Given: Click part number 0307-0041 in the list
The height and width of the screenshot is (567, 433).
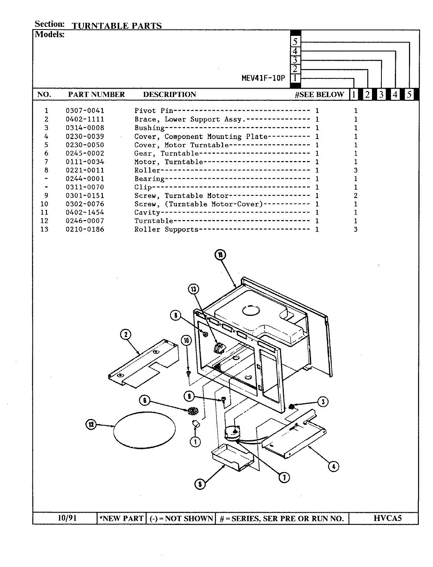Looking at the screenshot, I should [85, 111].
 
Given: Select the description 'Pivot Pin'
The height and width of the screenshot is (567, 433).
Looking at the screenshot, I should [151, 111].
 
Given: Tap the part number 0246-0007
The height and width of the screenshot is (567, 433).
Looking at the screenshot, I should [85, 221].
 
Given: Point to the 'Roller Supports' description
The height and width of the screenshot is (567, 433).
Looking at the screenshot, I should [166, 230].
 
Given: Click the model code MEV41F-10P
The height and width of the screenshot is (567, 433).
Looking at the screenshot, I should [263, 78].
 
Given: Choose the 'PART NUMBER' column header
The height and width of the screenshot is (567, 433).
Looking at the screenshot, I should [96, 94].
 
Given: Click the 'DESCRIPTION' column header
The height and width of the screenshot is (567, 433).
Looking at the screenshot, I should [169, 94].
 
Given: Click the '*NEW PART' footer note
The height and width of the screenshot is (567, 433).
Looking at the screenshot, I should [122, 518].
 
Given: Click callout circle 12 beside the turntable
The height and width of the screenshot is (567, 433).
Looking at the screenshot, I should [91, 424].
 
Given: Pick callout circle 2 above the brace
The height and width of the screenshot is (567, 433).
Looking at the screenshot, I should [125, 335].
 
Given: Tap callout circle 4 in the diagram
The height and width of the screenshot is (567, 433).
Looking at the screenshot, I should [333, 467].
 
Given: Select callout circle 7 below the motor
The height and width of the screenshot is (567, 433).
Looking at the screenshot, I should [284, 477].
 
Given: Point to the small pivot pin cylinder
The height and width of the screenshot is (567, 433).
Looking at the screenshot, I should [196, 425].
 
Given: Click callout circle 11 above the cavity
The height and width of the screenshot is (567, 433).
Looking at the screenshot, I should [220, 255].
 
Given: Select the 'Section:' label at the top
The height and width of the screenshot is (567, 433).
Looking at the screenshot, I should [49, 24].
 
